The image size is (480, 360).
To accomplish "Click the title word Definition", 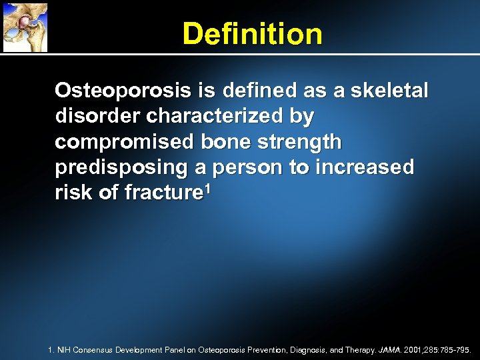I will point(252,34).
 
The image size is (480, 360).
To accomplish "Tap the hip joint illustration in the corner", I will point(25,27).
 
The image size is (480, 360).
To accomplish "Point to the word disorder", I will point(97,116).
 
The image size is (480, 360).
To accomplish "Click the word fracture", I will point(160,193).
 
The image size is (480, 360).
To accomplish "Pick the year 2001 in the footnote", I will point(414,349).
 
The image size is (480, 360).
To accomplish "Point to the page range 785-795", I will point(456,349).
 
